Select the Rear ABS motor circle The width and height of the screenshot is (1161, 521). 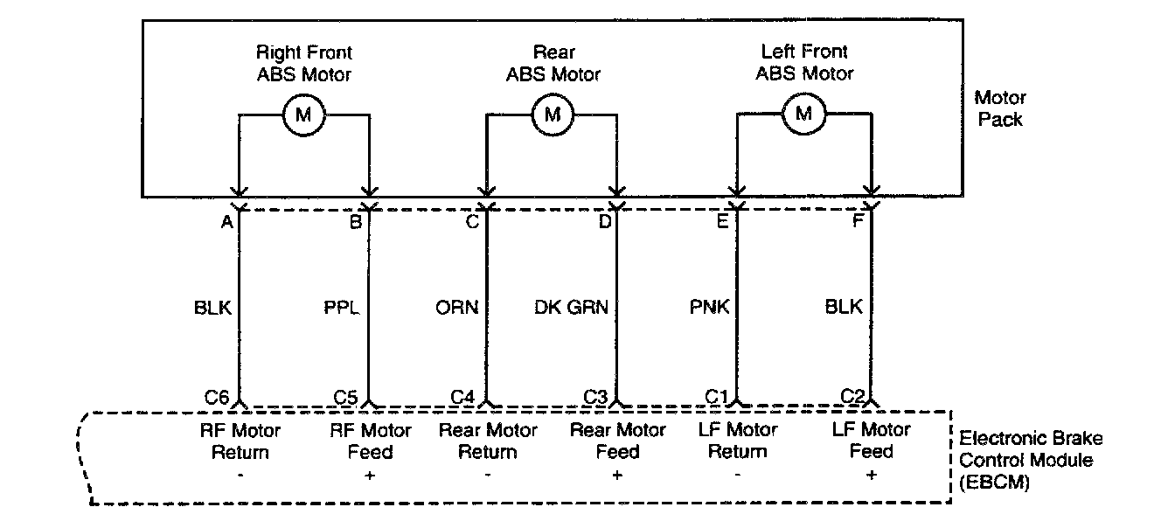pos(553,114)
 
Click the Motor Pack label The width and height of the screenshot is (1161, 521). pos(1001,108)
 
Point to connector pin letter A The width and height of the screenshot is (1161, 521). pos(226,222)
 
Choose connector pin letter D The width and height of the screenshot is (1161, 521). pos(605,222)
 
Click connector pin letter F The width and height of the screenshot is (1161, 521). pos(858,222)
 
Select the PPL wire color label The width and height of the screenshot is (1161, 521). pos(342,307)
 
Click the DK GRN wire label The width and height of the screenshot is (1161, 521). pos(572,307)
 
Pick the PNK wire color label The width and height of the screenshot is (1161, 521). pos(709,307)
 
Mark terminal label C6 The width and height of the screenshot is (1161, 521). pos(218,396)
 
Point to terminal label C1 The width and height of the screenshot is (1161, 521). pos(717,396)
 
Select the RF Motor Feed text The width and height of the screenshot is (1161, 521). pos(371,441)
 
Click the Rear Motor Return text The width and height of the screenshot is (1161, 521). pos(489,441)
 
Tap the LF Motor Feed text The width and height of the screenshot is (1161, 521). pos(872,441)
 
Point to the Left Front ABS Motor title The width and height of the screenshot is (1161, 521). pos(804,63)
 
